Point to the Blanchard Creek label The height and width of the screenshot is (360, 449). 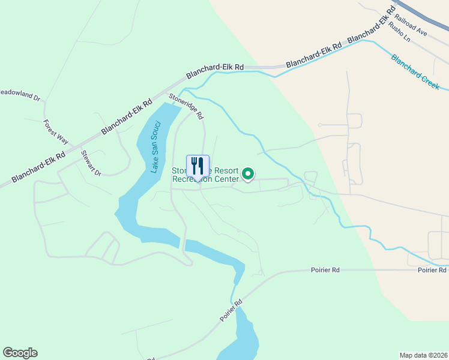point(415,72)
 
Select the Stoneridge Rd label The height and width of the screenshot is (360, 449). point(186,106)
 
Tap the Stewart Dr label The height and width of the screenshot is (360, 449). point(91,163)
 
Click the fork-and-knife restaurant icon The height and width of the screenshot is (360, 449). point(197,166)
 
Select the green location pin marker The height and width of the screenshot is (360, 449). point(248,175)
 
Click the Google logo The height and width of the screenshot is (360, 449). point(20,353)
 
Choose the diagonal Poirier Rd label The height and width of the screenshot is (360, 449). point(230,310)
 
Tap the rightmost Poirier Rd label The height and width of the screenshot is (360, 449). point(433,271)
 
